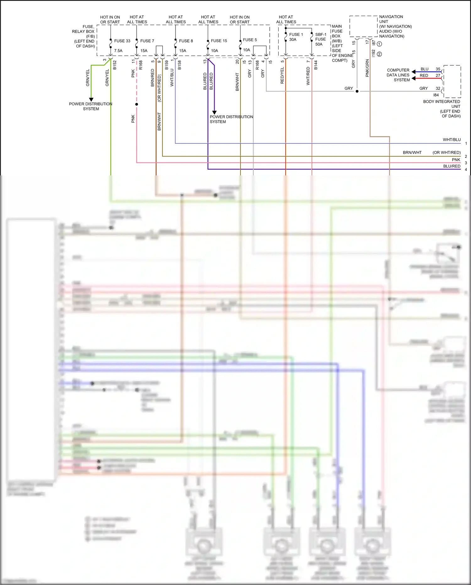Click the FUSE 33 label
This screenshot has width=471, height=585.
coord(122,41)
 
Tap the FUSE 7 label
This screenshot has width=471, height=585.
coord(147,41)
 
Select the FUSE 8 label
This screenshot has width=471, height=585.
coord(186,41)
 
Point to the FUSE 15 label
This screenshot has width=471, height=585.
coord(219,41)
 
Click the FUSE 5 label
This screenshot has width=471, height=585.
coord(250,40)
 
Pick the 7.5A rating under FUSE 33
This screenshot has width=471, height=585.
coord(118,51)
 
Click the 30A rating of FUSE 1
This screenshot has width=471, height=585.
coord(293,40)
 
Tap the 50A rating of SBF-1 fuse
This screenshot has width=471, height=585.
coord(319,44)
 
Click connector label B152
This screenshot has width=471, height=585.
coord(115,65)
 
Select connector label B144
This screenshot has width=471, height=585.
coord(316,65)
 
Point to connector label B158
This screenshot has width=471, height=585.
coord(179,65)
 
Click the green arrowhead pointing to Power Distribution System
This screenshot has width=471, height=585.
coord(91,99)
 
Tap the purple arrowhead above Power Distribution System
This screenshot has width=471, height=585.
coord(214,112)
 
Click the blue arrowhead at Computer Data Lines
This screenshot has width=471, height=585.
coord(414,72)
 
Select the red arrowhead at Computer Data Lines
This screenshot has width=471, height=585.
coord(414,78)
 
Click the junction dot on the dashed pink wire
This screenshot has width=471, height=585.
coord(137,104)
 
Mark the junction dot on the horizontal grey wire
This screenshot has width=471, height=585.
coord(357,91)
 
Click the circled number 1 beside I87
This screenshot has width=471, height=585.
coord(379,44)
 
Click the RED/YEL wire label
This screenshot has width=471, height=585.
coord(282,75)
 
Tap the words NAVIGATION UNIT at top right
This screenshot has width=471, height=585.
coord(391,19)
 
